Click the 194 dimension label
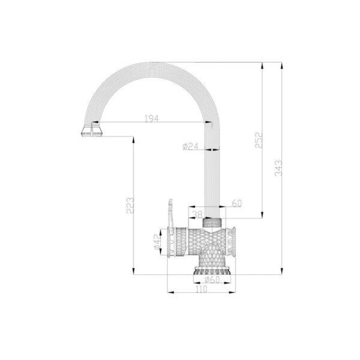(x=152, y=118)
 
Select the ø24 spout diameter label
(x=190, y=146)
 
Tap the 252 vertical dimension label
(x=259, y=140)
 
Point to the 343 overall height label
(x=278, y=168)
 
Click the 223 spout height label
(x=130, y=205)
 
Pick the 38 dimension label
(x=197, y=214)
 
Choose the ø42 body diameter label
(x=157, y=242)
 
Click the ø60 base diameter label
(x=212, y=280)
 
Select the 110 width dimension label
(x=202, y=289)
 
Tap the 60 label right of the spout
(x=237, y=203)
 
